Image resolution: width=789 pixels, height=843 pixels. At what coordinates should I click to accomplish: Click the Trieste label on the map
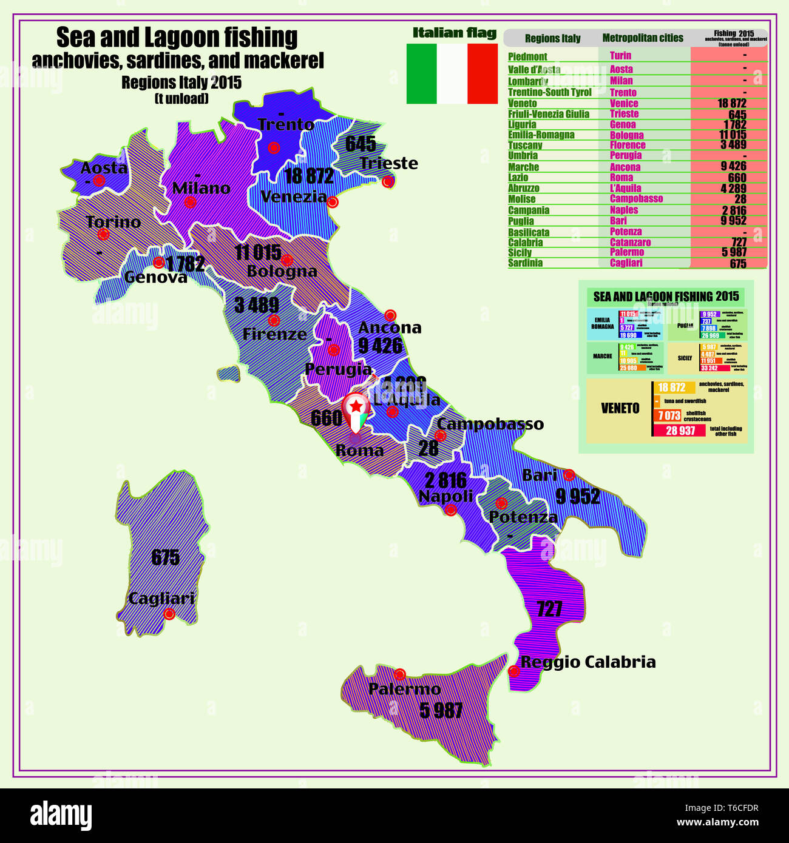click(x=388, y=163)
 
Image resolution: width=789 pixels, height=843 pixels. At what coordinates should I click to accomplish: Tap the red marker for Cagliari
click(x=169, y=614)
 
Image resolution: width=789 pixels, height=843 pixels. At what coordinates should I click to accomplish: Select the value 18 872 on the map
click(x=309, y=176)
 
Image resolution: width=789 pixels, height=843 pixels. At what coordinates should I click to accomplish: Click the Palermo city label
click(x=404, y=690)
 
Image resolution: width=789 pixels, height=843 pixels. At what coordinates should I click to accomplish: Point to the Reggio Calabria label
click(x=588, y=662)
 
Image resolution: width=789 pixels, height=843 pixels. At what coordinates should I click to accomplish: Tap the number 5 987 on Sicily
click(x=441, y=710)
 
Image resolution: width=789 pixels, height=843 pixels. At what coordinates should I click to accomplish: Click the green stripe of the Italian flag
click(x=421, y=73)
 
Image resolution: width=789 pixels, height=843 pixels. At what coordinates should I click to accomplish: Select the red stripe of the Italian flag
click(x=483, y=73)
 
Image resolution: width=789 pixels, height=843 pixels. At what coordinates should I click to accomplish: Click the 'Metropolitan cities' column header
click(x=642, y=38)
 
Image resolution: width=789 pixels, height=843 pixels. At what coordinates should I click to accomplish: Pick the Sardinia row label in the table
click(x=525, y=263)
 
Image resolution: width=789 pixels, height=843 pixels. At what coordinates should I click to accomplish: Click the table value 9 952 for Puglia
click(x=734, y=221)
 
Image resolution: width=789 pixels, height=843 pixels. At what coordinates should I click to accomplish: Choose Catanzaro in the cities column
click(x=630, y=242)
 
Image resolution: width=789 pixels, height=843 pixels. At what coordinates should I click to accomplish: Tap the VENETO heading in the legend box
click(x=620, y=409)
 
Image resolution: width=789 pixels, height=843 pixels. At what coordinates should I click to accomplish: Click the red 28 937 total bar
click(x=680, y=431)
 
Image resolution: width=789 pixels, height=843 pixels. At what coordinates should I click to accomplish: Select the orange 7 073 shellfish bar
click(x=668, y=415)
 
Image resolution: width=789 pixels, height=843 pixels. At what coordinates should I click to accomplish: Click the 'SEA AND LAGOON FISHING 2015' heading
click(x=666, y=297)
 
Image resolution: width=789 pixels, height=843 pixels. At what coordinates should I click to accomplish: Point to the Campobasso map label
click(x=490, y=424)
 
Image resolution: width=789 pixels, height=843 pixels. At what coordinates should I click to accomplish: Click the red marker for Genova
click(x=158, y=263)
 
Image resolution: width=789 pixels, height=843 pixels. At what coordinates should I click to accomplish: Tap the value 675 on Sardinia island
click(x=165, y=557)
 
